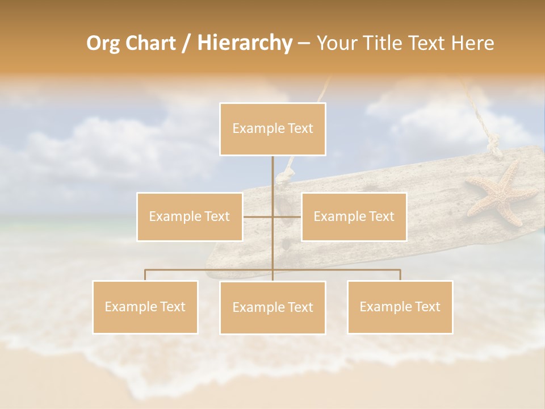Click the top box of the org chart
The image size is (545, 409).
272,129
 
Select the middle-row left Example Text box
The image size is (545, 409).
190,216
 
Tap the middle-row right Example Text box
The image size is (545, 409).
354,216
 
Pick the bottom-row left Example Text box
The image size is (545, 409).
145,307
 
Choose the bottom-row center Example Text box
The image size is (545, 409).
272,307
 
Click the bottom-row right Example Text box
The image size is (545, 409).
400,307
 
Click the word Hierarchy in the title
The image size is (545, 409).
244,43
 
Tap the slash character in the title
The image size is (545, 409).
185,43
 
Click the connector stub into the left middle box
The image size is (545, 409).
250,216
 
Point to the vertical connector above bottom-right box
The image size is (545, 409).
400,275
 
